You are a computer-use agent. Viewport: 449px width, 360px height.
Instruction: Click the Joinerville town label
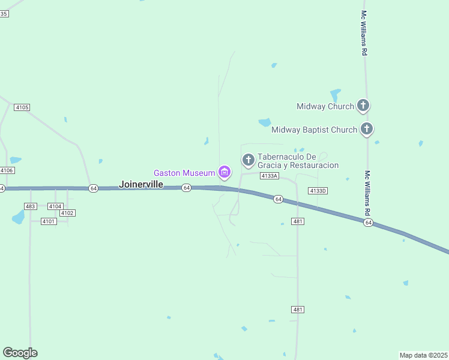click(x=141, y=184)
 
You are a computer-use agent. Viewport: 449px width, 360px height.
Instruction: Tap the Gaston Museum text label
click(x=184, y=173)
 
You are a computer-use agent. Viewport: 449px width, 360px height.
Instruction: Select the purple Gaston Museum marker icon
click(x=224, y=173)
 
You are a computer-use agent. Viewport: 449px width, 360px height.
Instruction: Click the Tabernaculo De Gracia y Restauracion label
click(x=298, y=161)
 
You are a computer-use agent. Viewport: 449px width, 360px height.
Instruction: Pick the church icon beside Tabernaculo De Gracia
click(x=248, y=160)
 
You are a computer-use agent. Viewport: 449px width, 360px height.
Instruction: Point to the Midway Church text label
click(x=325, y=106)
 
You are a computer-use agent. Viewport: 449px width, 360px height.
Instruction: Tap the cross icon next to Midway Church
click(x=363, y=106)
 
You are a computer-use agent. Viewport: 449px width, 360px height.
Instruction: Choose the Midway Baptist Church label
click(x=314, y=129)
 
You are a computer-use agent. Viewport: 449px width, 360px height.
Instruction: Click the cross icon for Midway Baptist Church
click(x=366, y=129)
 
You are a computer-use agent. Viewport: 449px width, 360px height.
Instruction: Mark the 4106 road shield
click(x=7, y=170)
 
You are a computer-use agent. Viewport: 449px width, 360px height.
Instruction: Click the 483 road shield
click(x=31, y=206)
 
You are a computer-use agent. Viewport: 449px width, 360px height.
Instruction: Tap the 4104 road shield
click(x=55, y=206)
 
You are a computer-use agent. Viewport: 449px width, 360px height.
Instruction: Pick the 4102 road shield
click(x=67, y=213)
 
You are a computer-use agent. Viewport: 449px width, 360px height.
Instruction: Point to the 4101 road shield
click(x=49, y=221)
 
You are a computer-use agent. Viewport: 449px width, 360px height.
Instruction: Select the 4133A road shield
click(x=270, y=176)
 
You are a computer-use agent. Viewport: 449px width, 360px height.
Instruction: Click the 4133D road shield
click(x=318, y=191)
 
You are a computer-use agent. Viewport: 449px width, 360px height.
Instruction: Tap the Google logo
click(x=20, y=353)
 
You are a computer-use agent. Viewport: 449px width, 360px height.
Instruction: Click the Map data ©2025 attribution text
click(x=424, y=355)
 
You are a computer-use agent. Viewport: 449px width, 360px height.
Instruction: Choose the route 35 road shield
click(x=4, y=13)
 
